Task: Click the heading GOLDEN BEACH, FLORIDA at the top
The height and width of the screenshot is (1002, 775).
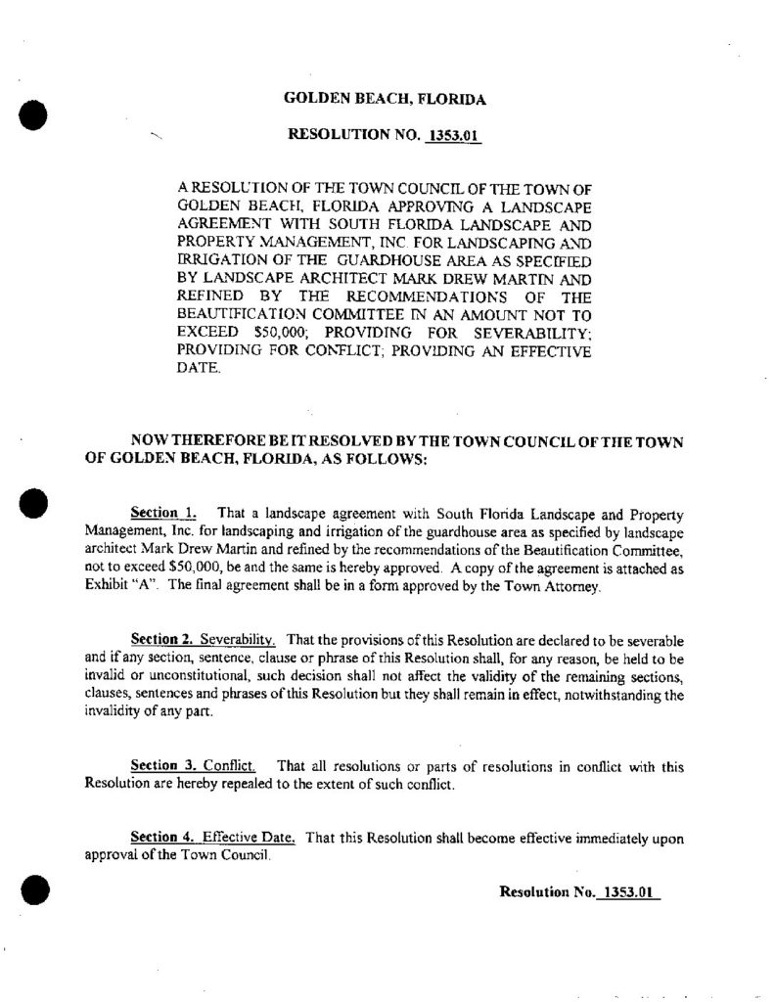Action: pyautogui.click(x=385, y=99)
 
